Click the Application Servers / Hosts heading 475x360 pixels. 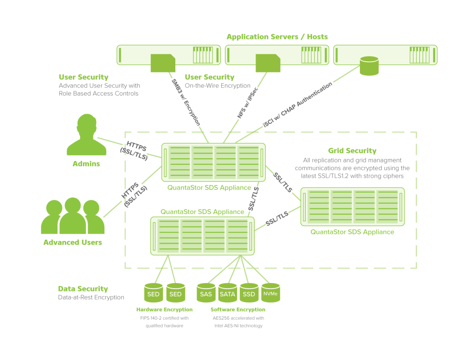[277, 37]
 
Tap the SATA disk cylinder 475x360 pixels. [227, 293]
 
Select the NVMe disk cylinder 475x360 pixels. [270, 293]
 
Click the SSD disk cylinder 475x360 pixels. [249, 293]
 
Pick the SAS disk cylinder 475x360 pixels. [206, 293]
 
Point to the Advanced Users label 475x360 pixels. [72, 242]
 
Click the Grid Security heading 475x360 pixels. [352, 151]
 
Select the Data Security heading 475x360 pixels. [83, 289]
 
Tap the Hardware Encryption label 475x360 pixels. [164, 309]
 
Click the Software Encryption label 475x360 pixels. [238, 309]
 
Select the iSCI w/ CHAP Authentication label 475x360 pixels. [297, 106]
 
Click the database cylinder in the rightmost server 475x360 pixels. [369, 65]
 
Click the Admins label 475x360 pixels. [86, 164]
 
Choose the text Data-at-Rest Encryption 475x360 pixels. [91, 297]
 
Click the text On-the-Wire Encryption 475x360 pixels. [218, 86]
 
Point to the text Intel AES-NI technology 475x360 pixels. [238, 326]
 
